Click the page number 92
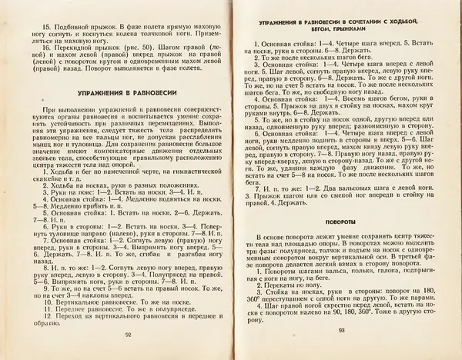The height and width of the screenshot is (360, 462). click(128, 335)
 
